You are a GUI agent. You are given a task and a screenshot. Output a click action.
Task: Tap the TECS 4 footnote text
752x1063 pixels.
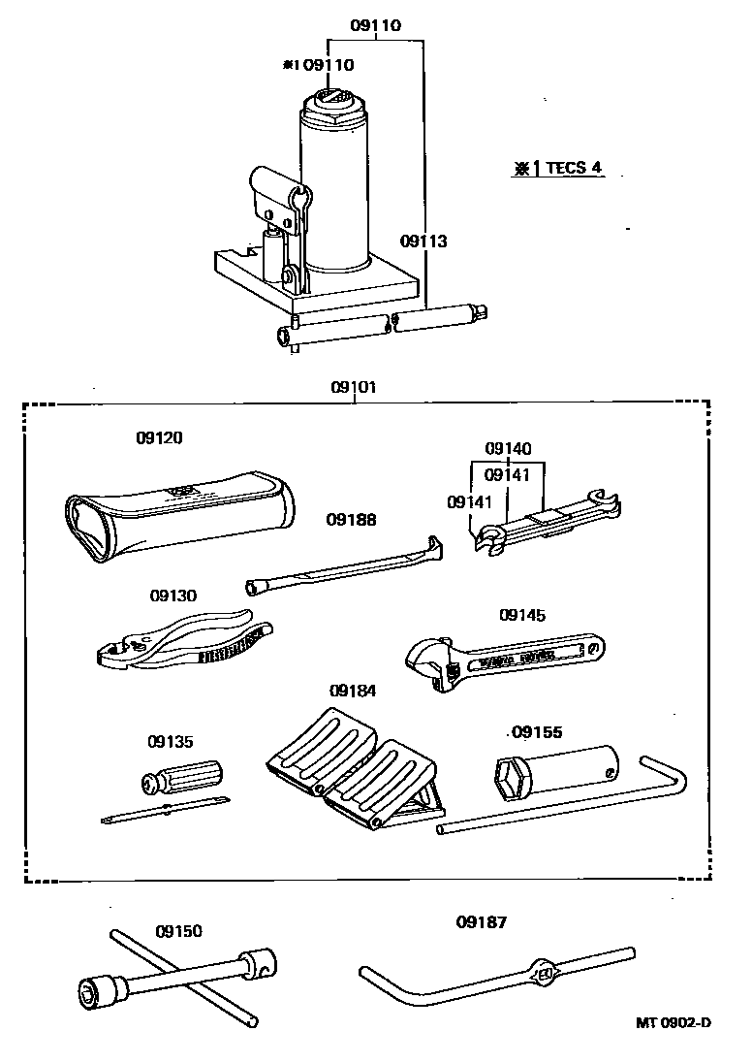coord(558,168)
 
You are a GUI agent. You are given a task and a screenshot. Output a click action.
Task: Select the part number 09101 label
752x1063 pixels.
coord(354,387)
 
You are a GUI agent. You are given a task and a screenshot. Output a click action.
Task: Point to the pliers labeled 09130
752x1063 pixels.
coord(179,647)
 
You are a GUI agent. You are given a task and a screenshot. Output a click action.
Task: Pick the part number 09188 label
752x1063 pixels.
coord(351,520)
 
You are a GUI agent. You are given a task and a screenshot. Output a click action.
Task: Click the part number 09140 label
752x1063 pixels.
coord(508,449)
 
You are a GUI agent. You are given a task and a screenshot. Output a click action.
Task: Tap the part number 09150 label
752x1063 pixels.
coord(178,931)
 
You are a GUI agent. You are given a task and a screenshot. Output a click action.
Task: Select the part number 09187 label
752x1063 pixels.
coord(482,922)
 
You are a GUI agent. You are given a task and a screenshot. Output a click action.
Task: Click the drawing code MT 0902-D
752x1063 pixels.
coord(674,1023)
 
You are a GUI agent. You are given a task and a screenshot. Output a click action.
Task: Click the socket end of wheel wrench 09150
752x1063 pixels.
coord(96,990)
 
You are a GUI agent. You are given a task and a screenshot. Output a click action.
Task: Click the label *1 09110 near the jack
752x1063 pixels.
coord(318,65)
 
